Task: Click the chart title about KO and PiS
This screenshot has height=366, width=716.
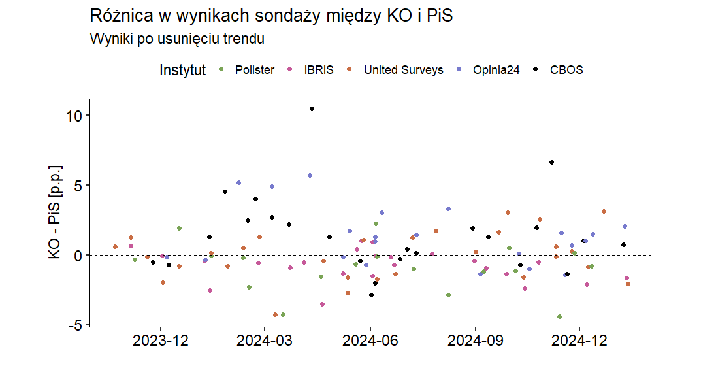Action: [271, 16]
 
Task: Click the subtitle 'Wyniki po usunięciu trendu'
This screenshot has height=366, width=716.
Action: [176, 39]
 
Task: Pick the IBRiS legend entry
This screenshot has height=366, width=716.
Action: [318, 70]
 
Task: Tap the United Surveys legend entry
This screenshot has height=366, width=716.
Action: [403, 70]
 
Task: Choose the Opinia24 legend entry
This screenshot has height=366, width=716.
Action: [496, 70]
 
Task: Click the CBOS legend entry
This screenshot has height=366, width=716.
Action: [566, 70]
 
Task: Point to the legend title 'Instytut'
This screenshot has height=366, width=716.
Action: [182, 70]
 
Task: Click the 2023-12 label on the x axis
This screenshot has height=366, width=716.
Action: [161, 341]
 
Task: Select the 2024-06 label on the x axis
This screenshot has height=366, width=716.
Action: [370, 341]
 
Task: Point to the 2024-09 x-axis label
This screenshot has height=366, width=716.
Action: [476, 341]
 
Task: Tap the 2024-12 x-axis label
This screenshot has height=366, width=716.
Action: [579, 341]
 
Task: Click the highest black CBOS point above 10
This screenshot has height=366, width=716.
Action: [312, 109]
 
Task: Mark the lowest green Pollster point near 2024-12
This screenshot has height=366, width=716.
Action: [559, 316]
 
